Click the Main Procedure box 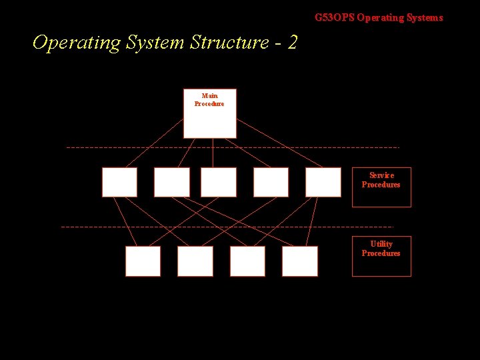pyautogui.click(x=209, y=113)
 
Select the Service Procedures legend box pyautogui.click(x=381, y=187)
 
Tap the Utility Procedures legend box pyautogui.click(x=381, y=256)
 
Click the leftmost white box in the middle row pyautogui.click(x=119, y=182)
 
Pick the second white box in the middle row pyautogui.click(x=171, y=182)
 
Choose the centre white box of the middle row pyautogui.click(x=218, y=182)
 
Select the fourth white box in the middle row pyautogui.click(x=271, y=182)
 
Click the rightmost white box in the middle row pyautogui.click(x=323, y=182)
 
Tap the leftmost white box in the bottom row pyautogui.click(x=143, y=261)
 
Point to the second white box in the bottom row pyautogui.click(x=195, y=261)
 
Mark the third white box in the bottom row pyautogui.click(x=247, y=261)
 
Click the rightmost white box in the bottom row pyautogui.click(x=299, y=261)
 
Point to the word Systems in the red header pyautogui.click(x=426, y=18)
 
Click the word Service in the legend pyautogui.click(x=381, y=175)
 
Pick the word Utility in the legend pyautogui.click(x=381, y=244)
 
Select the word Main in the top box pyautogui.click(x=209, y=96)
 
